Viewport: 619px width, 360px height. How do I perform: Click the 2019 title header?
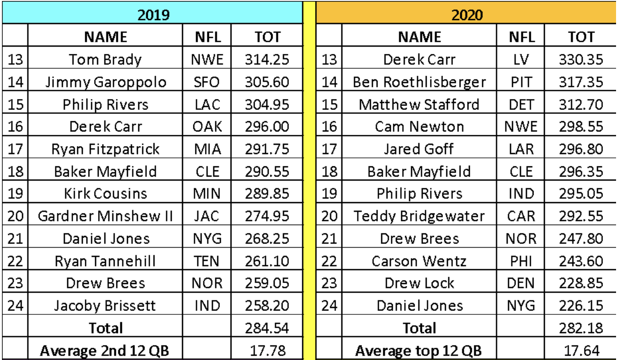click(x=154, y=15)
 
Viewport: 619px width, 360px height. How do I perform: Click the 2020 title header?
click(x=467, y=15)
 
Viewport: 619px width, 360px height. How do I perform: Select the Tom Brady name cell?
click(x=105, y=60)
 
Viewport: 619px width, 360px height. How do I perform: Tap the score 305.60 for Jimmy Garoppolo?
click(x=267, y=82)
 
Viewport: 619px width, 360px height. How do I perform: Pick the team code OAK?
click(x=207, y=127)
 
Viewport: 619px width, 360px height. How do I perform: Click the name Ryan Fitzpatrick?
click(x=105, y=150)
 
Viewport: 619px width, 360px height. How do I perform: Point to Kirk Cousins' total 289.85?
click(x=267, y=193)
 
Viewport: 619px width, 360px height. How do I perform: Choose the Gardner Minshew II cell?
click(x=105, y=216)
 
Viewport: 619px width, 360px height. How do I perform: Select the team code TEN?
click(x=206, y=261)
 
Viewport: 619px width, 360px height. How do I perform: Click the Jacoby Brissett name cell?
click(x=105, y=306)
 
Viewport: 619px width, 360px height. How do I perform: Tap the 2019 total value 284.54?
click(x=267, y=328)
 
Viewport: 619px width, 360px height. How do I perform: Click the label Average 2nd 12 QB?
click(x=104, y=351)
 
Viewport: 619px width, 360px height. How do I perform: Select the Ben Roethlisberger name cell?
click(x=419, y=82)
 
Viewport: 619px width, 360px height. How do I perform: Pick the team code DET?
click(x=521, y=104)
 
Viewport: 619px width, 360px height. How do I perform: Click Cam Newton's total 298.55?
click(x=581, y=127)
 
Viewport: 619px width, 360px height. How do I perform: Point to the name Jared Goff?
click(x=419, y=149)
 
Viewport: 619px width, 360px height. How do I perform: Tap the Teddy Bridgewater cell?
click(x=419, y=216)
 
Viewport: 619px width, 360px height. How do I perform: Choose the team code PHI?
click(x=521, y=261)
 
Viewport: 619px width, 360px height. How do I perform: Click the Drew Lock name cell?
click(x=419, y=283)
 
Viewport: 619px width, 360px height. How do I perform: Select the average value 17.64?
click(x=581, y=351)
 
